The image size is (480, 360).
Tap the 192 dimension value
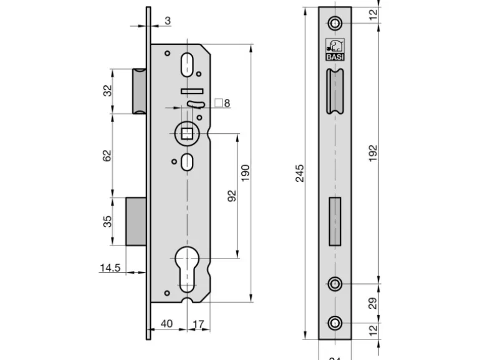pos(373,153)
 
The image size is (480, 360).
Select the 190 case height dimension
pos(245,172)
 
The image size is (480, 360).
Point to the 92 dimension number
pos(231,196)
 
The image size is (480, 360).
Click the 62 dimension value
pos(107,156)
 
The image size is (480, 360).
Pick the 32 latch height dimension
pos(107,91)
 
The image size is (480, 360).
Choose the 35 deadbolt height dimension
pos(107,221)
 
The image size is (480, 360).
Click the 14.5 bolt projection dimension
pos(110,268)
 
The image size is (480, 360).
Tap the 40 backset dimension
pos(166,324)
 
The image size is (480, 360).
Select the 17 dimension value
pos(198,324)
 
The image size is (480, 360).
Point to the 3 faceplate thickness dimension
pos(168,21)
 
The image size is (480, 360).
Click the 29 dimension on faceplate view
pos(373,304)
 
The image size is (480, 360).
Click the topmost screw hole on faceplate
pos(335,23)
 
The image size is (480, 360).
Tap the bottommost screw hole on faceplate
pos(335,323)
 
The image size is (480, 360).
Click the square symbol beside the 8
pos(218,102)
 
